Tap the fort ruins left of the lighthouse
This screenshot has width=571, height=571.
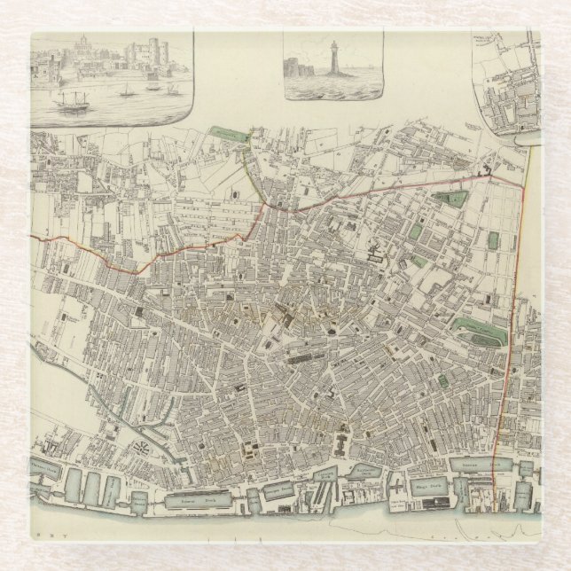(x=299, y=69)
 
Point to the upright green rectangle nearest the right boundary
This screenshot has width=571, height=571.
(x=492, y=239)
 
